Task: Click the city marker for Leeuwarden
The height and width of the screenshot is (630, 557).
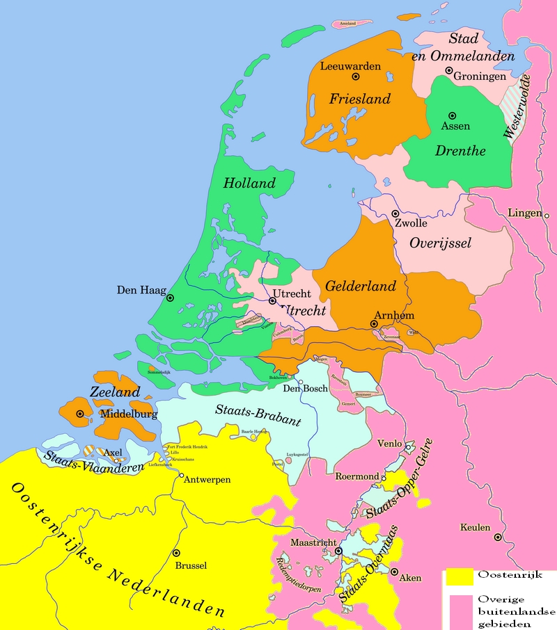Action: pyautogui.click(x=356, y=76)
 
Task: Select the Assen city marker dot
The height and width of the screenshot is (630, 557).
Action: pyautogui.click(x=452, y=115)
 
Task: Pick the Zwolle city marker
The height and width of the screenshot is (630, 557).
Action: pyautogui.click(x=395, y=214)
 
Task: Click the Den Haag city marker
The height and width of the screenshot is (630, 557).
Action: pyautogui.click(x=169, y=298)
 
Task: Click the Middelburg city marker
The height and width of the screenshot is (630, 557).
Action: pyautogui.click(x=80, y=414)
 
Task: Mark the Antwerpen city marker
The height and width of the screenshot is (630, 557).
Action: pyautogui.click(x=182, y=476)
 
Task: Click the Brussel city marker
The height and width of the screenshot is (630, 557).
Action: pyautogui.click(x=174, y=554)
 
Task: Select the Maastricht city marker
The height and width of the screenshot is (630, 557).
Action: pyautogui.click(x=338, y=551)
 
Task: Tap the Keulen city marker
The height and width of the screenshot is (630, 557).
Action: pyautogui.click(x=498, y=537)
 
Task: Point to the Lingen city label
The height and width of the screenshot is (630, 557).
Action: pyautogui.click(x=525, y=213)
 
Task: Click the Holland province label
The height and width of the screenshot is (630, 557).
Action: pyautogui.click(x=249, y=184)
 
